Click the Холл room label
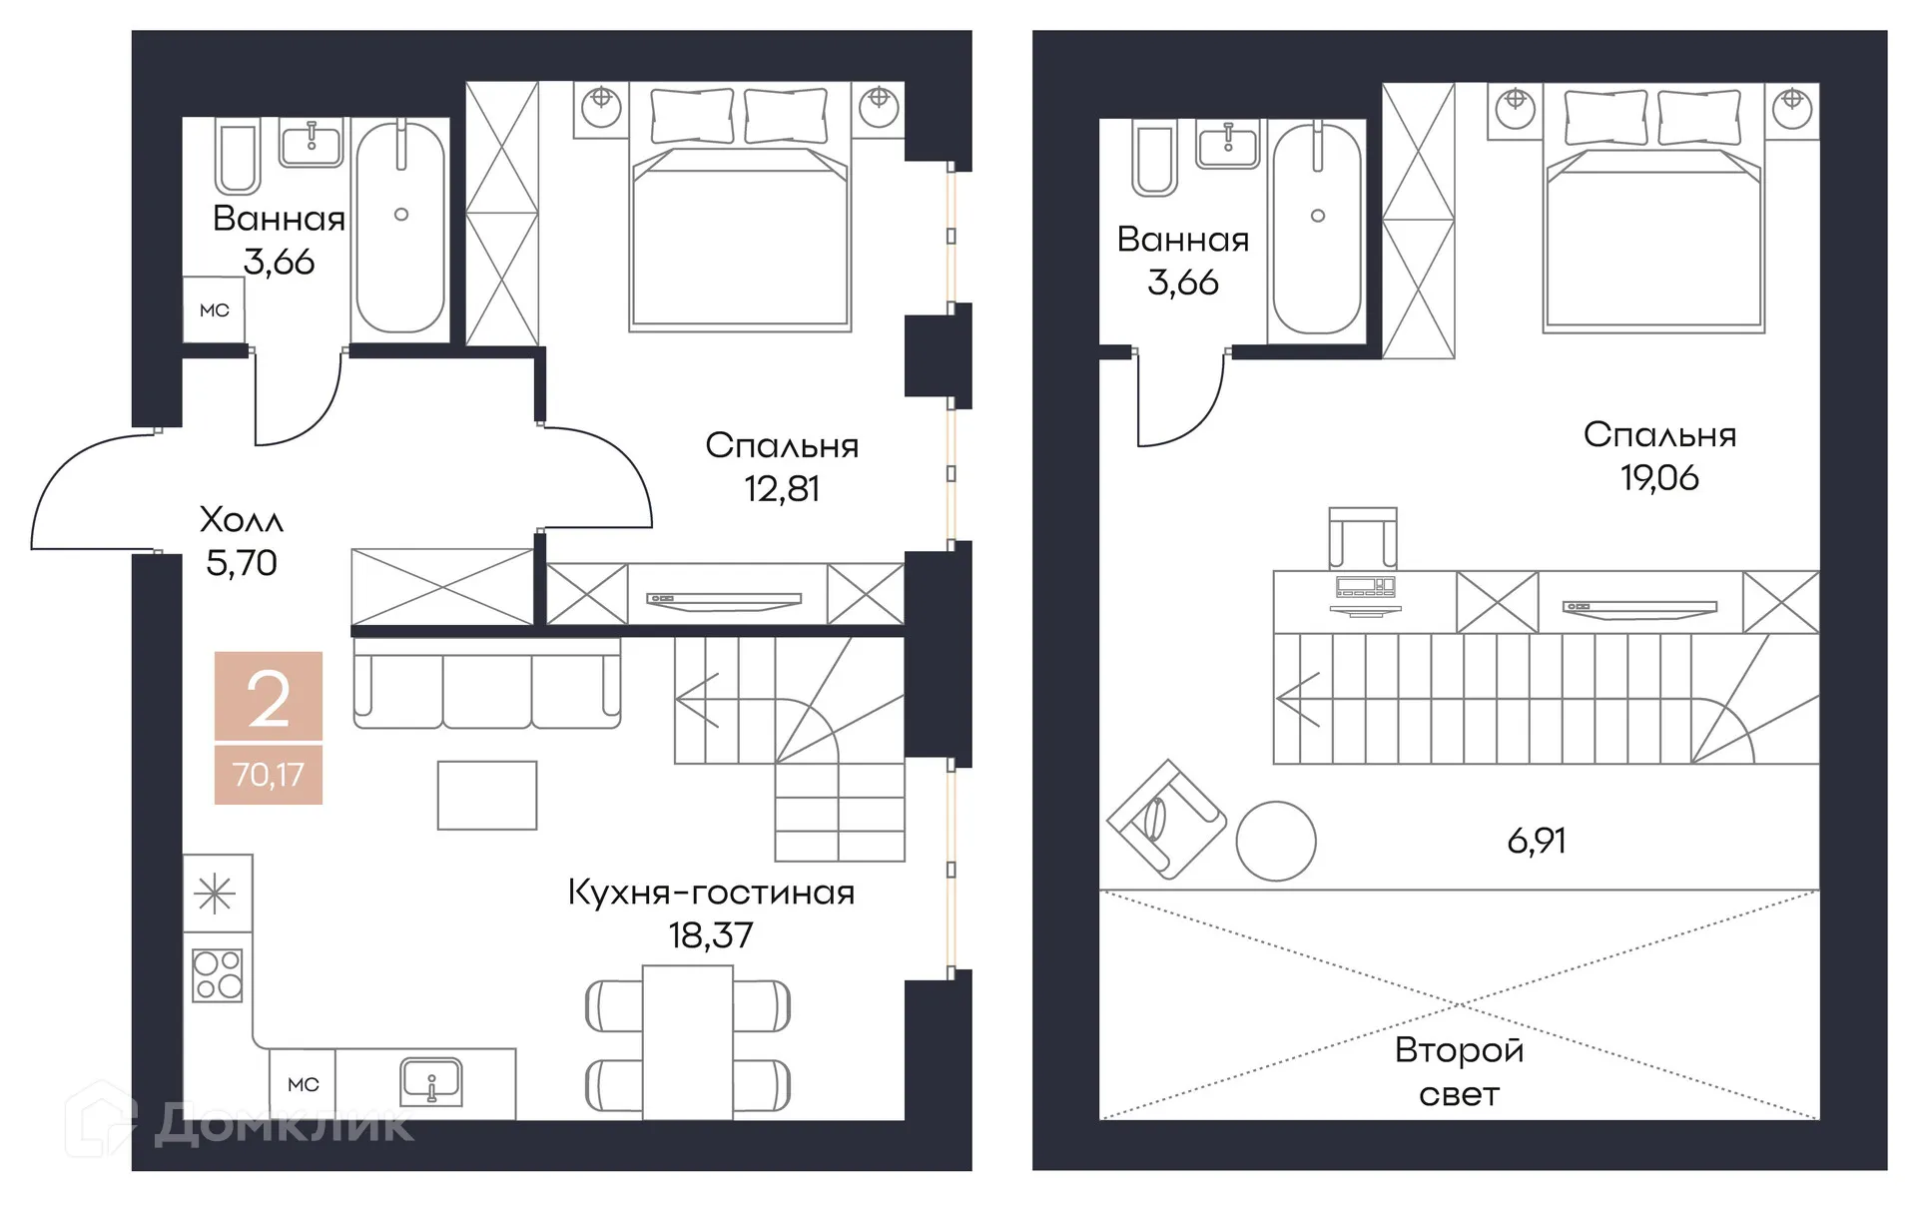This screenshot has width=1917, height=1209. click(242, 519)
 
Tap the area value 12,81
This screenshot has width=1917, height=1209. click(782, 489)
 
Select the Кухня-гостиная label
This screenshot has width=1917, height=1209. click(711, 893)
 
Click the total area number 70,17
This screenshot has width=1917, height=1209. click(268, 775)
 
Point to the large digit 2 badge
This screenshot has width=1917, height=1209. click(268, 699)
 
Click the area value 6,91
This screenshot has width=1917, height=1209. click(1536, 842)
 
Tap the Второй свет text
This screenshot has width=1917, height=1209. click(1459, 1072)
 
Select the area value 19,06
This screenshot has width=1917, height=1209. click(1659, 478)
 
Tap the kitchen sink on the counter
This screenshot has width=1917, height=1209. click(431, 1082)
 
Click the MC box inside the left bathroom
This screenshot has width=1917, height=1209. click(214, 310)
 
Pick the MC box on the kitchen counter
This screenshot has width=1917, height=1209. click(303, 1084)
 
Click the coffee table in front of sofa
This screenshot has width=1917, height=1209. click(487, 796)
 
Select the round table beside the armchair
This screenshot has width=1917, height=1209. click(1276, 842)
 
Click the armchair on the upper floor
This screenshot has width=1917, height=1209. click(1165, 820)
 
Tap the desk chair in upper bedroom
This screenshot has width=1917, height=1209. click(1362, 537)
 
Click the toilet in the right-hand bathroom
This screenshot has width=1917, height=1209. click(1153, 160)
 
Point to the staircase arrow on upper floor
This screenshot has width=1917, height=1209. click(1298, 699)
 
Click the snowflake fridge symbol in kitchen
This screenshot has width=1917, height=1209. click(216, 894)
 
